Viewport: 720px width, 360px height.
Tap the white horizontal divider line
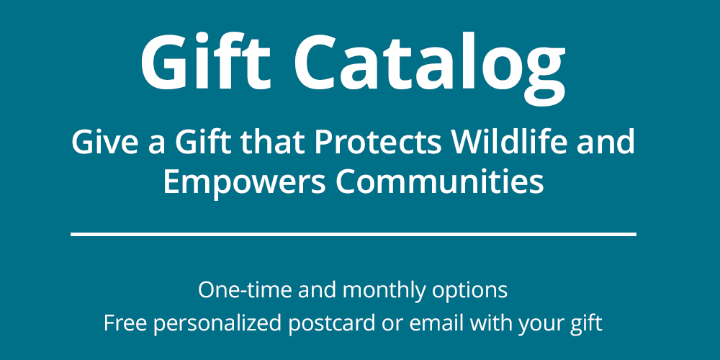pos(353,234)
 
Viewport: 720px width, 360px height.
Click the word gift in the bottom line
pos(584,323)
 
